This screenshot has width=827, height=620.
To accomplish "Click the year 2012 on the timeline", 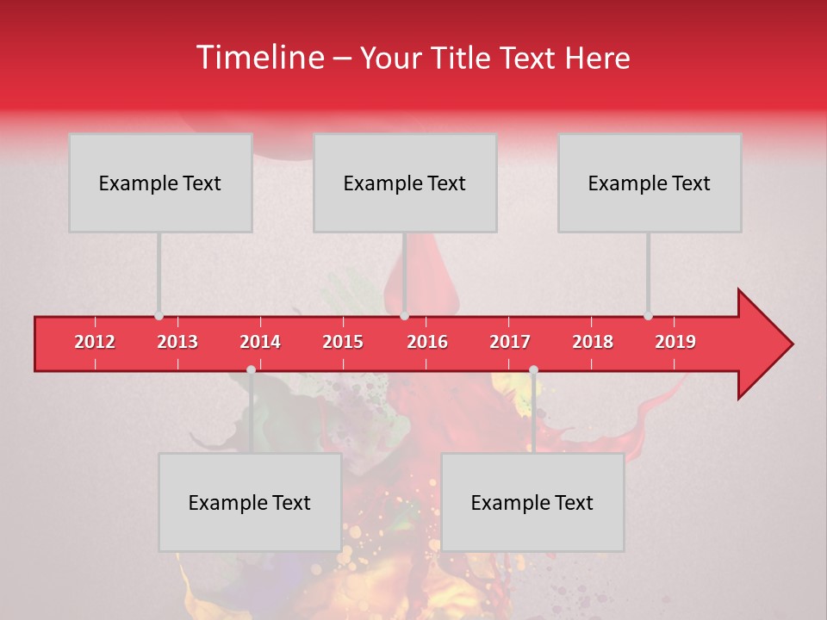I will coord(95,342).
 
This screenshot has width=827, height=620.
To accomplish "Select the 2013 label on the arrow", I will coord(177,342).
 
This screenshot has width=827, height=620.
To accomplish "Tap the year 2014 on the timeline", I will coord(260,342).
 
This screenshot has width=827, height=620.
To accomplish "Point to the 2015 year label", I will coord(343,342).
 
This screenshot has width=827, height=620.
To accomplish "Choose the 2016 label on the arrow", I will coord(427,342).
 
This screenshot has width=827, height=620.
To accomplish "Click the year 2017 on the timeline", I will coord(510,342).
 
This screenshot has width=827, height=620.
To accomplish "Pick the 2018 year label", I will coord(593,342).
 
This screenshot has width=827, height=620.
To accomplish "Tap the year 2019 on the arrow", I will coord(675,342).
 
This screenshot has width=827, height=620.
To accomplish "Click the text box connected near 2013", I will coord(160,183).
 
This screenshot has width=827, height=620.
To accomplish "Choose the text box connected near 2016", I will coord(405,183).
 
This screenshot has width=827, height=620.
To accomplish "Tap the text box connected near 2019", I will coord(650,183).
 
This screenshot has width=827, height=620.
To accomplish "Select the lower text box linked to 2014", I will coord(250,502).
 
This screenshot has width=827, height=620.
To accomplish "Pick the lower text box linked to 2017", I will coord(532,502).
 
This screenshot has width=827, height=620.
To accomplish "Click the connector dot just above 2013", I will coord(159,316).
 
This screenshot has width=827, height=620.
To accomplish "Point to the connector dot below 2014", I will coord(251,369).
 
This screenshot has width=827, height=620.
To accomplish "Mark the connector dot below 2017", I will coord(533,369).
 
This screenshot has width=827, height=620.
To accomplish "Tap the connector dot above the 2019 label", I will coord(648,316).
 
